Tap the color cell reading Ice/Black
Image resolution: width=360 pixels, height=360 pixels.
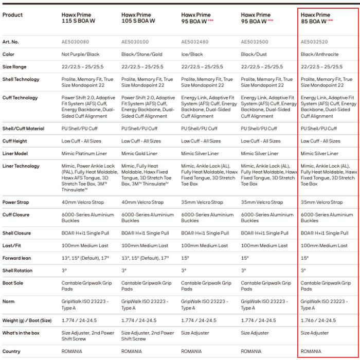[192, 54]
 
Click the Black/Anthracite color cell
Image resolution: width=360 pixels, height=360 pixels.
[320, 54]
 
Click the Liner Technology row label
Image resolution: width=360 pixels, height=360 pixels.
[21, 166]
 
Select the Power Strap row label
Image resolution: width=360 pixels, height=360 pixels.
[16, 202]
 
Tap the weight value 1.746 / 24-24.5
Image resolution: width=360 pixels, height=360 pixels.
[320, 320]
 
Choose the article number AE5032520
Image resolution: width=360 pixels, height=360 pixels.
[315, 42]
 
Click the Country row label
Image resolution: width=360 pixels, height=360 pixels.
[12, 351]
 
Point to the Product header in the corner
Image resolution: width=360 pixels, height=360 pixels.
[13, 15]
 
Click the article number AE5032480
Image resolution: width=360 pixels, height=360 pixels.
[196, 42]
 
